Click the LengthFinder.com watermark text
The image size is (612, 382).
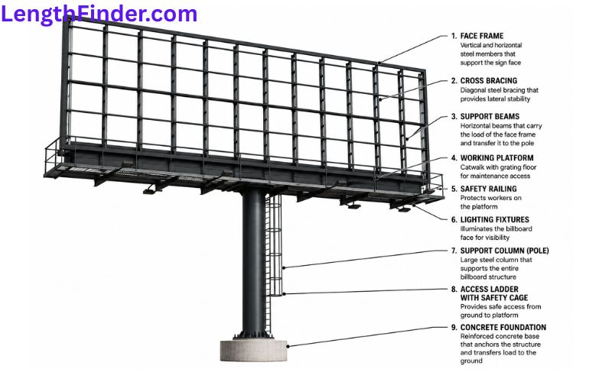(99, 15)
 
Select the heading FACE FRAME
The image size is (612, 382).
(482, 36)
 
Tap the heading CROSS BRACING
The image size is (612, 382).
(489, 81)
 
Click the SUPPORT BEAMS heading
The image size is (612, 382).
(490, 117)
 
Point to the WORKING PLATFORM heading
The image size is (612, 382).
(496, 158)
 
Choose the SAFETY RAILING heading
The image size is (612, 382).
(488, 189)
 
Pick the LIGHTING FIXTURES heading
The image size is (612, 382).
(494, 220)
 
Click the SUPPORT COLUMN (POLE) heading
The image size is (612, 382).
(504, 251)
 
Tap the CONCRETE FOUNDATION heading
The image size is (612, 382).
(503, 328)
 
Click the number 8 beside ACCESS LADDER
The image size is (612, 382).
(454, 290)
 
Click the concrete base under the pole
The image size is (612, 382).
(254, 350)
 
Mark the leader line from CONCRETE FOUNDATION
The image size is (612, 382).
(368, 336)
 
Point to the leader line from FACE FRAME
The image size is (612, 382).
(413, 49)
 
